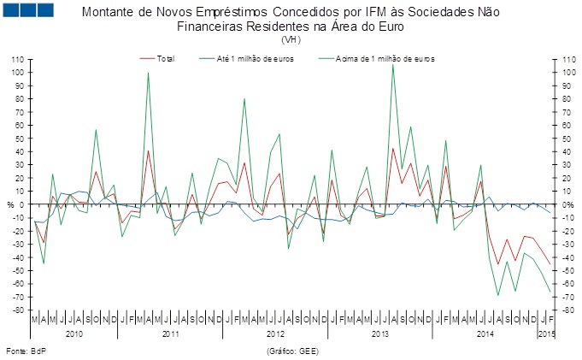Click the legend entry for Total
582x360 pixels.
pos(165,58)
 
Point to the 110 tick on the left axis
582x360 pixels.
pos(16,59)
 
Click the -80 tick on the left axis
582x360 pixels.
pos(16,310)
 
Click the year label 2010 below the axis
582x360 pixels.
pos(73,332)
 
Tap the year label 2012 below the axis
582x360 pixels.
pos(276,332)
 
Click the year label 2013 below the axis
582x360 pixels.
pos(377,332)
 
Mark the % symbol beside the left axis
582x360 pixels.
pos(10,204)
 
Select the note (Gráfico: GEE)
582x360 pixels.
pos(292,351)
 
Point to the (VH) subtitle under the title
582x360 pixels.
pos(291,39)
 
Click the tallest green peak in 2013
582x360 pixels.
pos(392,64)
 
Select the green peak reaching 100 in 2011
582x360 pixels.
pos(148,73)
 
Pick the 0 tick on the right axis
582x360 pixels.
pos(563,204)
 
